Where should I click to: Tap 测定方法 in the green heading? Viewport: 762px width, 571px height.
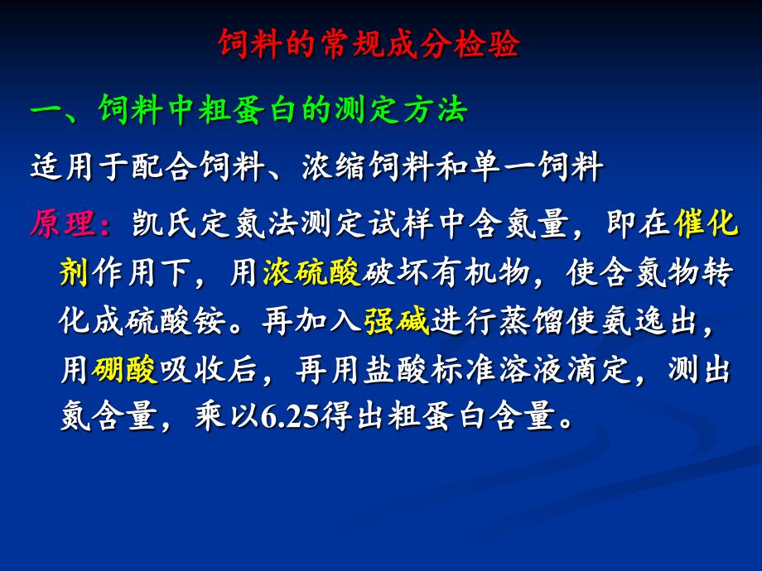402,109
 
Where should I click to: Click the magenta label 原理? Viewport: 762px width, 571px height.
64,223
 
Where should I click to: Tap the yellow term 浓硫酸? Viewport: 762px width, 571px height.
312,272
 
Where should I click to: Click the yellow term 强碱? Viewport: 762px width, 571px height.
397,320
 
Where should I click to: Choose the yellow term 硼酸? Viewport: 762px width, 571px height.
124,369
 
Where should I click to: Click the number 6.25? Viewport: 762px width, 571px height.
290,416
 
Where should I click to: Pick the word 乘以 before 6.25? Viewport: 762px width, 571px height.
228,416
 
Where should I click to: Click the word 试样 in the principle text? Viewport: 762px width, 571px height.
401,223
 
